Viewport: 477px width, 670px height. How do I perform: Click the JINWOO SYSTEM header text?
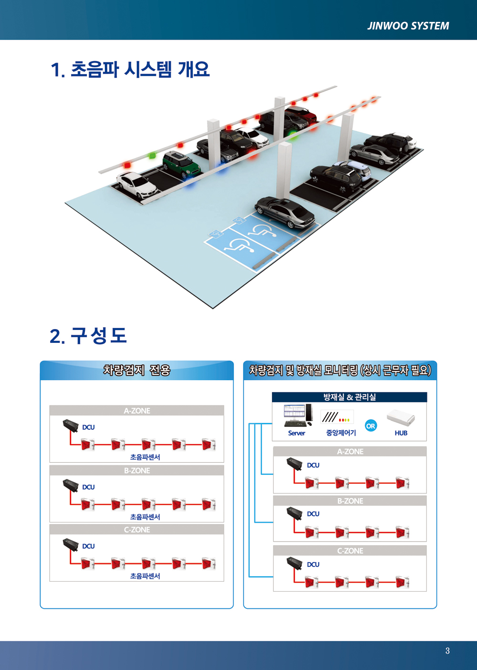[x=408, y=26]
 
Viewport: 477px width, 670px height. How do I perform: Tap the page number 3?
[x=447, y=650]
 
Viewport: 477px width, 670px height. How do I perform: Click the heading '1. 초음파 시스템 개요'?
[x=130, y=70]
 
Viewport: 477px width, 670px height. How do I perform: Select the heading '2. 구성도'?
[x=88, y=335]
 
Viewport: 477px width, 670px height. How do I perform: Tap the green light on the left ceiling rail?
[x=153, y=155]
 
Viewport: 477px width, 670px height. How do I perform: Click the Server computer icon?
[x=298, y=415]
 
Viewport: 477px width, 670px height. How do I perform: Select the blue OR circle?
[x=371, y=425]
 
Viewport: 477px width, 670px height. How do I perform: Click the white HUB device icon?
[x=401, y=417]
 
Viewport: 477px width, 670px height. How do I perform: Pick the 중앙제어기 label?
[x=341, y=433]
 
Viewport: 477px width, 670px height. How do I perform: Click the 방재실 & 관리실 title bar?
[x=350, y=397]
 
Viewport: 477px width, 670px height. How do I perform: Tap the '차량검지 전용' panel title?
[x=137, y=370]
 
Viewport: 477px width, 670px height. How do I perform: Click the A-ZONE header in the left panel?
[x=137, y=411]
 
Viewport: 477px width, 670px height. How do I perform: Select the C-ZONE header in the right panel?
[x=350, y=551]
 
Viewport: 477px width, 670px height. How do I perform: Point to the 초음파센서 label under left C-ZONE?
[x=145, y=576]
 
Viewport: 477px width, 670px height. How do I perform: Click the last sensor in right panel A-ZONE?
[x=402, y=483]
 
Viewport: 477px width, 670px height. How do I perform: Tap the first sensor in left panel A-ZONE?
[x=88, y=445]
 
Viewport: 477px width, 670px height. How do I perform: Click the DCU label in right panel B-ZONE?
[x=313, y=513]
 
